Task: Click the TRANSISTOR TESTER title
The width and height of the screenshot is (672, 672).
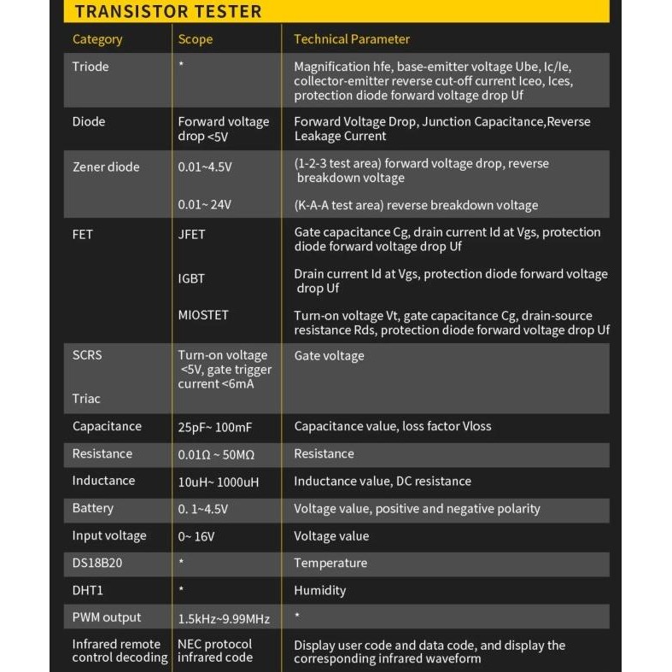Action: (x=168, y=12)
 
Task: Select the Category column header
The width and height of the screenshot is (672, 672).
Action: (x=97, y=39)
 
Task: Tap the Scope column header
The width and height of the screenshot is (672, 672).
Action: (x=196, y=39)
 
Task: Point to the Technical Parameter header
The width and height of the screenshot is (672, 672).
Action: (x=352, y=39)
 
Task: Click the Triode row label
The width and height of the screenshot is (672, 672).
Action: (x=91, y=67)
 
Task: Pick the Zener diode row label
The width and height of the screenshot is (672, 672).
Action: (x=106, y=167)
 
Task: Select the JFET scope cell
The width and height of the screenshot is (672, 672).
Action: (x=192, y=234)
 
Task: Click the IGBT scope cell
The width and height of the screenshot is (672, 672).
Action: (x=191, y=278)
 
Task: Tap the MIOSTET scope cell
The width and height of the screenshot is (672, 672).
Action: (x=203, y=315)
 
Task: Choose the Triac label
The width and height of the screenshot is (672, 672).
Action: (x=86, y=399)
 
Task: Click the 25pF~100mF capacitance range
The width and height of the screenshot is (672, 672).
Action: (x=219, y=427)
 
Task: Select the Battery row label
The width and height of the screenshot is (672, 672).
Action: (x=93, y=509)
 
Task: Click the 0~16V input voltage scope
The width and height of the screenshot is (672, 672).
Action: (x=196, y=536)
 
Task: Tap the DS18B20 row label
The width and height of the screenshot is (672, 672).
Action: (x=97, y=564)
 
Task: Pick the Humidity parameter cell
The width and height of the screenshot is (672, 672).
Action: (x=320, y=591)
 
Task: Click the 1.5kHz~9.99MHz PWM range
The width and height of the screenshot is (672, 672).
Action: (x=224, y=618)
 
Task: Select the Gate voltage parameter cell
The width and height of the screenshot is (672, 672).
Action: (x=329, y=356)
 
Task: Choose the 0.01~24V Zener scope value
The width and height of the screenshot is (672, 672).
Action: (x=204, y=205)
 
